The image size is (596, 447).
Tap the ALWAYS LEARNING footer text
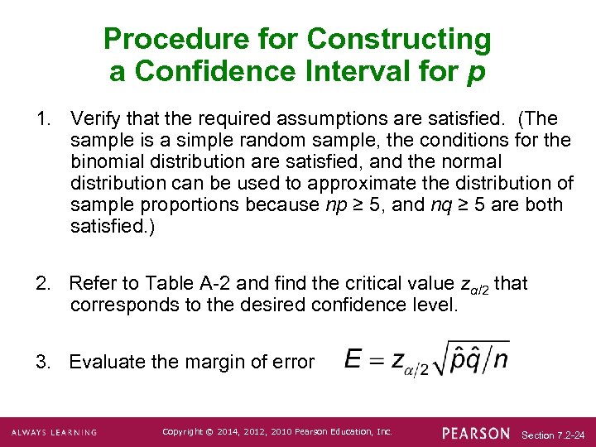(x=54, y=432)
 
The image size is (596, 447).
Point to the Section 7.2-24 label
(x=554, y=434)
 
